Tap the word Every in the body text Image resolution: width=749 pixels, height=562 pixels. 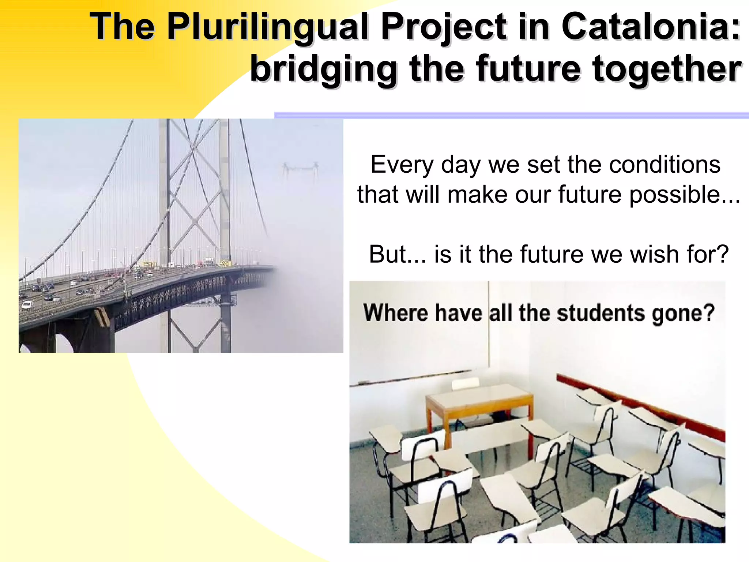point(402,165)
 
